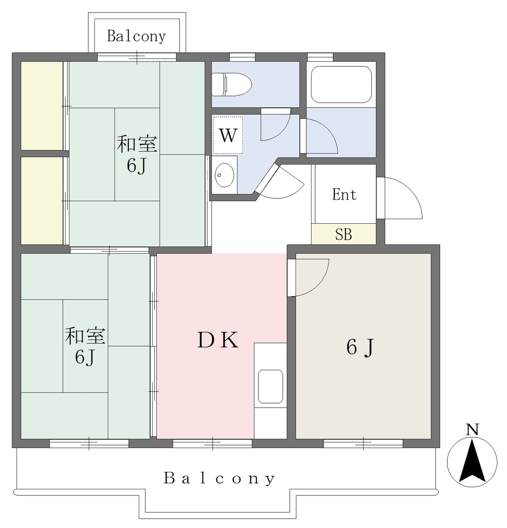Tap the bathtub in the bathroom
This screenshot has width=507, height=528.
[x=341, y=84]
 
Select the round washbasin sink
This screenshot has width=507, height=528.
[x=224, y=175]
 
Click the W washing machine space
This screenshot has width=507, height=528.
[x=228, y=136]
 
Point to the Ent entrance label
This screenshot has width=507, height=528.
[x=345, y=194]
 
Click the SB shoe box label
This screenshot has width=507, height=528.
[x=344, y=235]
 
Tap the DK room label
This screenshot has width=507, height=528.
[x=218, y=340]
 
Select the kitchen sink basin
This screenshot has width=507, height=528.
[x=270, y=386]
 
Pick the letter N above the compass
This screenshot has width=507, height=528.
[x=472, y=430]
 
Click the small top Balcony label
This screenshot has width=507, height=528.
[x=137, y=37]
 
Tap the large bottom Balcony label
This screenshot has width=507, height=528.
[x=219, y=478]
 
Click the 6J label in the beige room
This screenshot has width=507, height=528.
[x=360, y=347]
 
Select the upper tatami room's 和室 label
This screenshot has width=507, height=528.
[x=137, y=144]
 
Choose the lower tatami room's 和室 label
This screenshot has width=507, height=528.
[x=85, y=336]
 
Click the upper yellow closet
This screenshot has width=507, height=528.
[x=42, y=106]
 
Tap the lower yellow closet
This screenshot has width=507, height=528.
[x=42, y=201]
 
